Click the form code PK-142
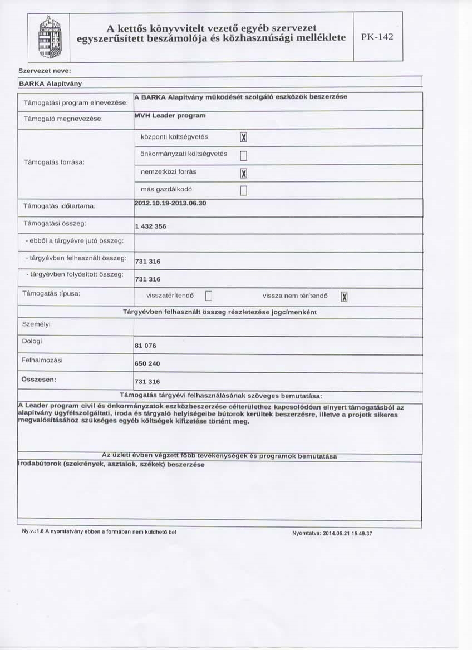coord(377,37)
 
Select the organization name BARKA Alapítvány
coord(43,83)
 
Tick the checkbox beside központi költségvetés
coord(242,137)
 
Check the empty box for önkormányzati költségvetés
coord(242,155)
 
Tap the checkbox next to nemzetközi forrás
coord(242,173)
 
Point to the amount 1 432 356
coord(150,226)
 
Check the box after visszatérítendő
coord(209,296)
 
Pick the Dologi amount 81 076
coord(145,346)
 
